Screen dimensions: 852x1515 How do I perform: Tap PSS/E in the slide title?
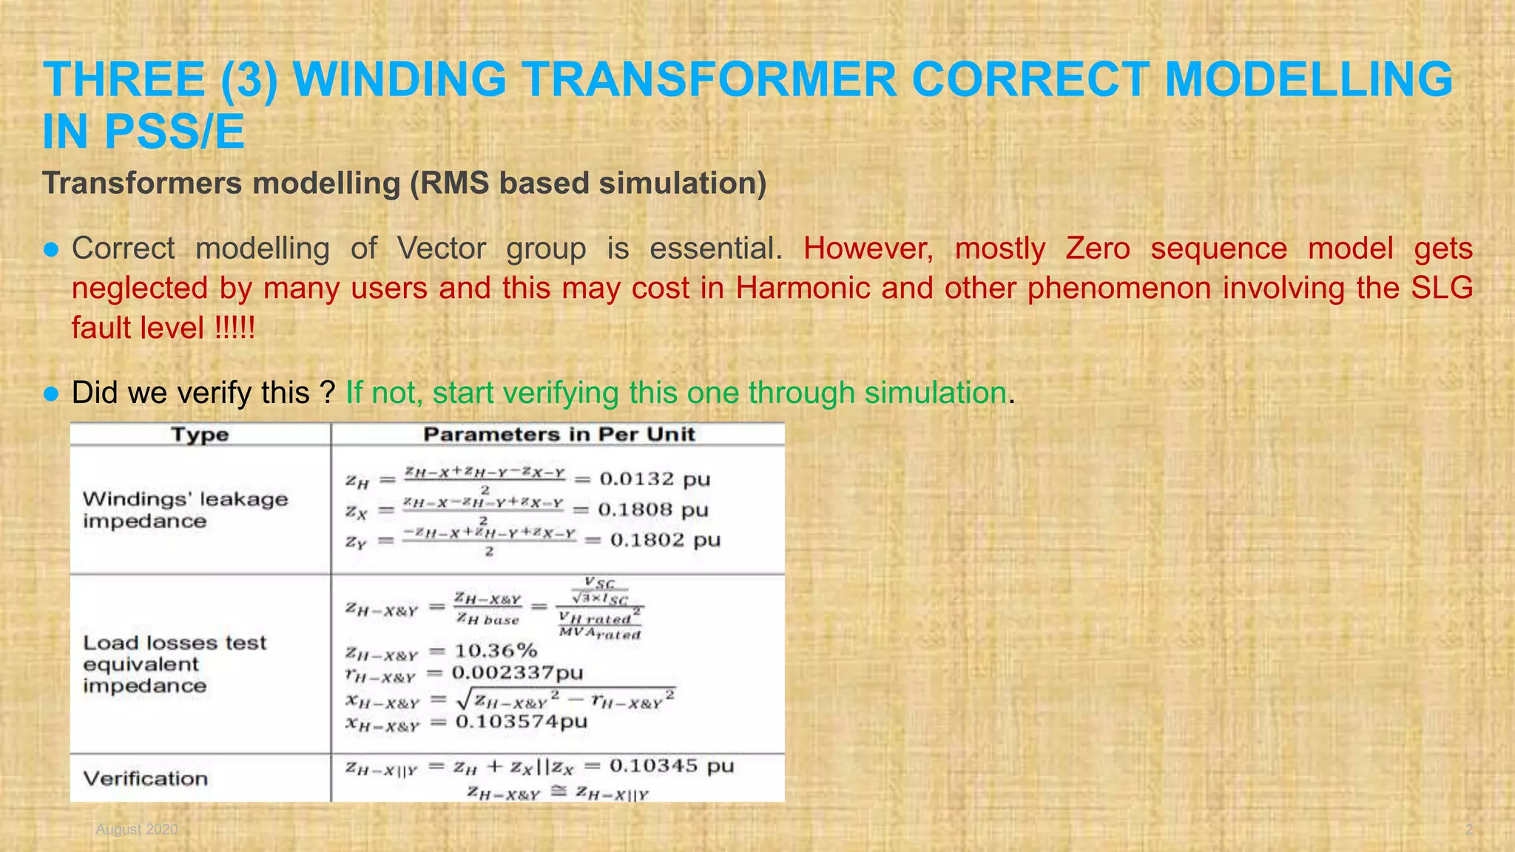click(x=175, y=132)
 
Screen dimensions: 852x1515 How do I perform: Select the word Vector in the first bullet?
click(x=441, y=248)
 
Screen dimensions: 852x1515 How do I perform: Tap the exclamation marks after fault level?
click(x=234, y=328)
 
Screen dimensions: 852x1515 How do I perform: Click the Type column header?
click(x=200, y=435)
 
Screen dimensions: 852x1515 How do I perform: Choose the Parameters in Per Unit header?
click(x=559, y=435)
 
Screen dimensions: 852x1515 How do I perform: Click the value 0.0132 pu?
click(x=655, y=479)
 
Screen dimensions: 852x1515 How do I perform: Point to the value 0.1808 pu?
click(x=653, y=510)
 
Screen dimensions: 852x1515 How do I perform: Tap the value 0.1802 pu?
click(x=665, y=540)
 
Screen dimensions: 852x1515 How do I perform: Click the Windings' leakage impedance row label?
click(x=185, y=510)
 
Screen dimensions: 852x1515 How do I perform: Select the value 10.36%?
click(x=496, y=651)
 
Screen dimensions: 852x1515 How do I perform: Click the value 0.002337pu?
click(x=517, y=673)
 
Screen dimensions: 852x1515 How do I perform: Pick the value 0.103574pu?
click(x=521, y=721)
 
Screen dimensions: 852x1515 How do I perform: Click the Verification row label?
click(x=145, y=778)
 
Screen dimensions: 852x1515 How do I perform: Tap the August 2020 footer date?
click(x=137, y=829)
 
